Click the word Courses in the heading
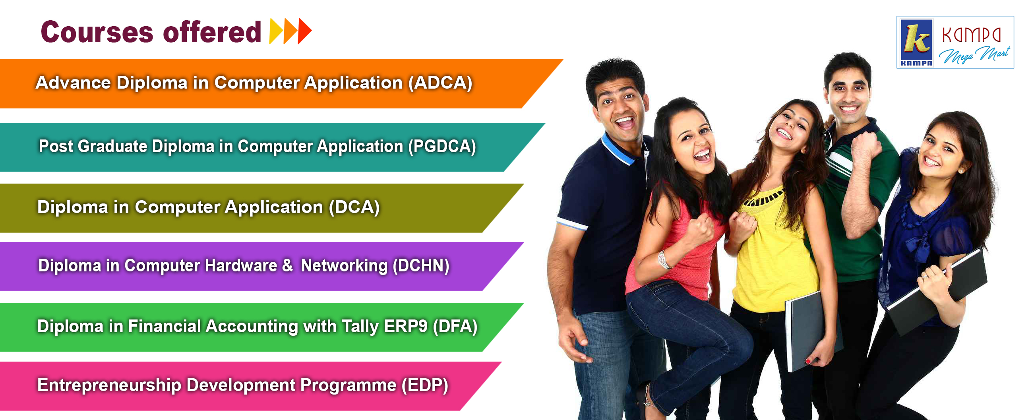(97, 32)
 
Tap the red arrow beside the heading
(305, 31)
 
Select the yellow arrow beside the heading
(276, 31)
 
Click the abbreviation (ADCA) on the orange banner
(440, 83)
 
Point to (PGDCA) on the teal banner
(442, 146)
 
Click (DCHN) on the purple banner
(421, 266)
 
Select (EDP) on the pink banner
(425, 385)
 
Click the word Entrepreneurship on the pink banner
(109, 385)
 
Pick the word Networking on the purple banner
(344, 266)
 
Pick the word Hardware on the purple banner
(241, 266)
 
